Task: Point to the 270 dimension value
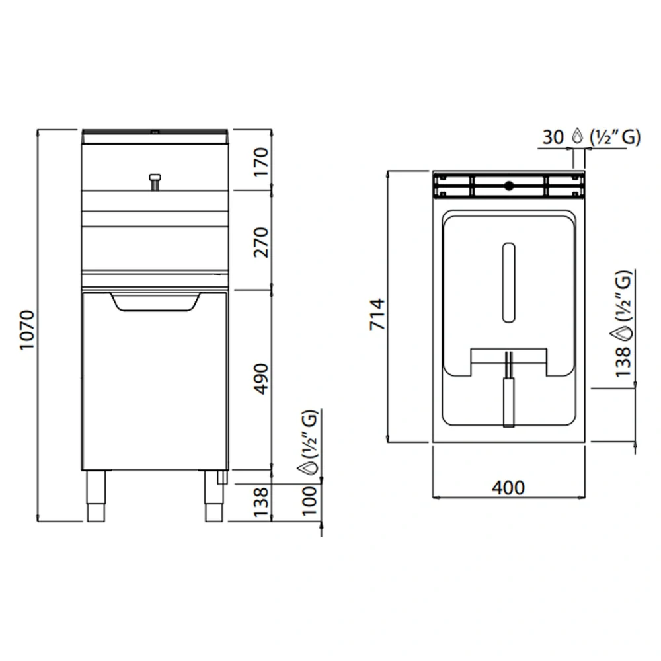(262, 242)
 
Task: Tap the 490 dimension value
(262, 378)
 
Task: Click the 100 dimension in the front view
(309, 502)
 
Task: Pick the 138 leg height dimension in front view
(262, 502)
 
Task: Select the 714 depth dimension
(376, 315)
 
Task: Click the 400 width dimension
(508, 488)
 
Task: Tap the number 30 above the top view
(553, 137)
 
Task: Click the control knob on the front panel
(155, 179)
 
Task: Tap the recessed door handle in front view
(155, 302)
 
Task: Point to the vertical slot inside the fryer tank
(508, 282)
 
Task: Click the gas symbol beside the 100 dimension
(308, 469)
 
